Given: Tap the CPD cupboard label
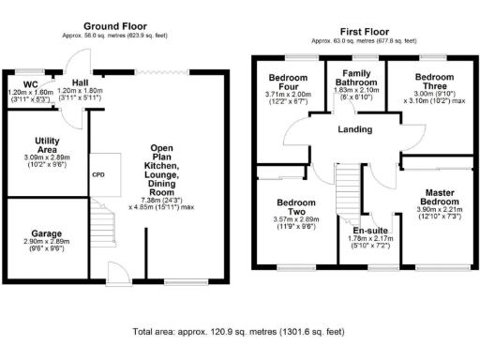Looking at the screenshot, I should [97, 174].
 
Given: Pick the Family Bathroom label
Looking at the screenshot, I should [354, 81].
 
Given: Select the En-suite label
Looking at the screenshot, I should [370, 230].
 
